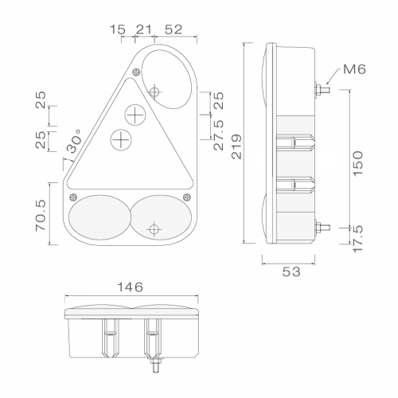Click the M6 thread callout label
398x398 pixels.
tap(354, 69)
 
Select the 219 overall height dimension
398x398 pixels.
tap(236, 146)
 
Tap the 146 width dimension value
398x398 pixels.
tap(131, 287)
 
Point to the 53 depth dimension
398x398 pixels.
tap(291, 271)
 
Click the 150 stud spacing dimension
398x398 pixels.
tap(357, 162)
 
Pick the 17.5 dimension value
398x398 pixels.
tap(358, 239)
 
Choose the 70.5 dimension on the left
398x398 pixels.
tap(41, 216)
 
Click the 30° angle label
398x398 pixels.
tap(74, 141)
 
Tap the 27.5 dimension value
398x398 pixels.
tap(219, 135)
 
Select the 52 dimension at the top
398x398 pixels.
tap(174, 29)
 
